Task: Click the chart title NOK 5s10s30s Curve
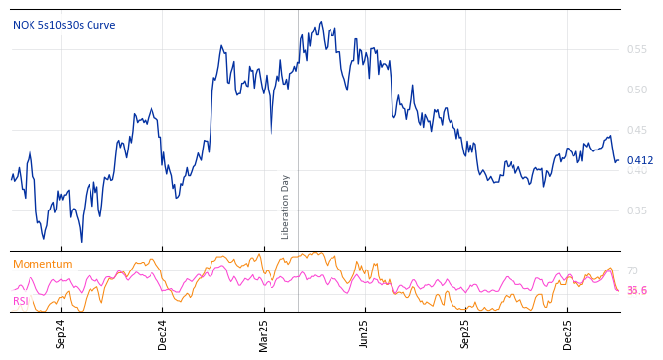click(64, 25)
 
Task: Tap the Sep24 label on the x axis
click(61, 334)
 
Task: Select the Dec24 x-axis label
click(163, 334)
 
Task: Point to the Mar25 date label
click(264, 334)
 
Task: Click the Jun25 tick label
click(364, 334)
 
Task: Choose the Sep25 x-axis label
click(465, 334)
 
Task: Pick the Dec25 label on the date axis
click(568, 334)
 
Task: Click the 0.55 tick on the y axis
click(636, 49)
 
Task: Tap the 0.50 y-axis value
click(636, 90)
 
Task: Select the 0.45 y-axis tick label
click(636, 130)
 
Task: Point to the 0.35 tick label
click(636, 210)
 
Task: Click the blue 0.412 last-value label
click(639, 160)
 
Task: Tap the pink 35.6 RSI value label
click(636, 290)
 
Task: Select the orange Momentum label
click(42, 264)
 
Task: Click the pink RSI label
click(21, 301)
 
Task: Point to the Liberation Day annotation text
click(286, 207)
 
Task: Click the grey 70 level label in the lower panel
click(633, 270)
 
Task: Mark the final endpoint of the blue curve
click(618, 160)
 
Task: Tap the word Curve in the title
click(100, 25)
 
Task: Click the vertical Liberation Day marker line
click(298, 118)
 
